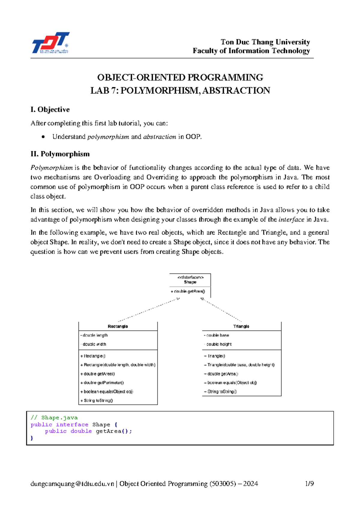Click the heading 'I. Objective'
50,110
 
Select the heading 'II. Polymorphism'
60,154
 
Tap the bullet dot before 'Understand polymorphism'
44,137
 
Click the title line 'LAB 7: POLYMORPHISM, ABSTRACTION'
180,91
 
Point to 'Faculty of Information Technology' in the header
251,51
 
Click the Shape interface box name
190,282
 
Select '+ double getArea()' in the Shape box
188,291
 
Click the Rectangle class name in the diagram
118,326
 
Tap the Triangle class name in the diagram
241,326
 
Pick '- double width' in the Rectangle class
93,344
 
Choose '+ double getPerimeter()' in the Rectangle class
102,383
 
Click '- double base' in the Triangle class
216,335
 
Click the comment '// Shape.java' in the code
54,418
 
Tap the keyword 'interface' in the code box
72,424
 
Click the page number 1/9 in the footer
309,484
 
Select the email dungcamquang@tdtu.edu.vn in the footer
72,484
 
